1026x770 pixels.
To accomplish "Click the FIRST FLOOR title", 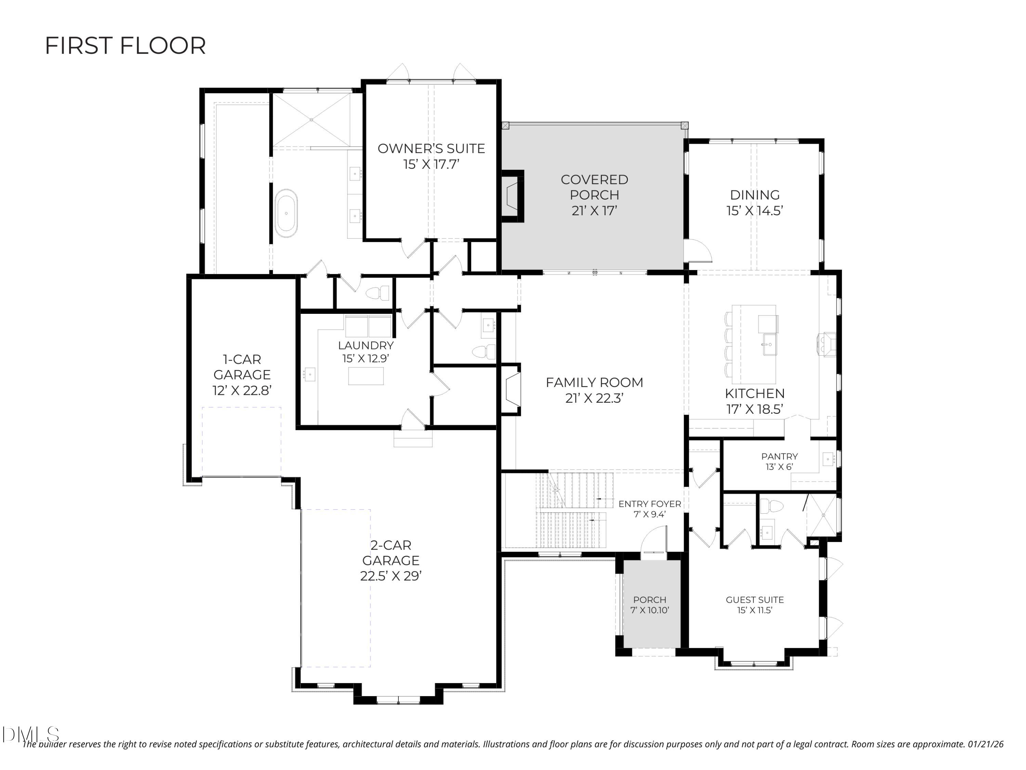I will coord(125,46).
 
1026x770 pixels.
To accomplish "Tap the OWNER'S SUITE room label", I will coord(431,149).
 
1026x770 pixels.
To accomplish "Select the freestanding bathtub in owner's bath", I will coord(286,214).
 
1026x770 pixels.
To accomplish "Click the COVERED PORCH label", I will coord(594,187).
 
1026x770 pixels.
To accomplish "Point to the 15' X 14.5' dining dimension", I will coord(755,211).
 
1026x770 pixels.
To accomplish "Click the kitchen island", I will coord(754,344).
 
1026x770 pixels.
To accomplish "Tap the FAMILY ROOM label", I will coord(594,383).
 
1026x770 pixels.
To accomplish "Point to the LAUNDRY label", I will coord(366,345).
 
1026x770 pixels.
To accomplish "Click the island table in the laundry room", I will coord(366,376).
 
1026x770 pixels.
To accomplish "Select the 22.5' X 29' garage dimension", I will coord(391,576).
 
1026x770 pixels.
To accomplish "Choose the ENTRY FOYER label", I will coord(649,504).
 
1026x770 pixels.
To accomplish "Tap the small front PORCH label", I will coord(649,600).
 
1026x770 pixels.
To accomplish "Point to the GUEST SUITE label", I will coord(755,600).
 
